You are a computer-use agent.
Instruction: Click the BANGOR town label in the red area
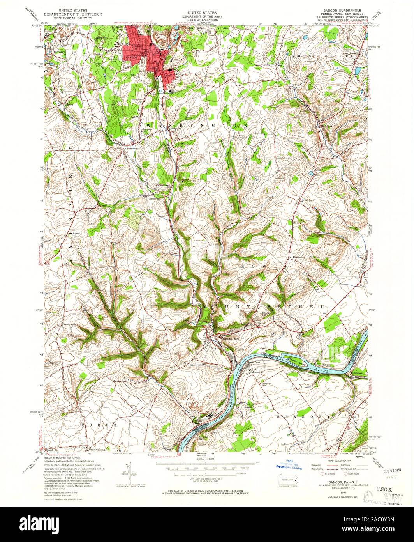129,57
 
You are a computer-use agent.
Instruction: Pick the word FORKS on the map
99,424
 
